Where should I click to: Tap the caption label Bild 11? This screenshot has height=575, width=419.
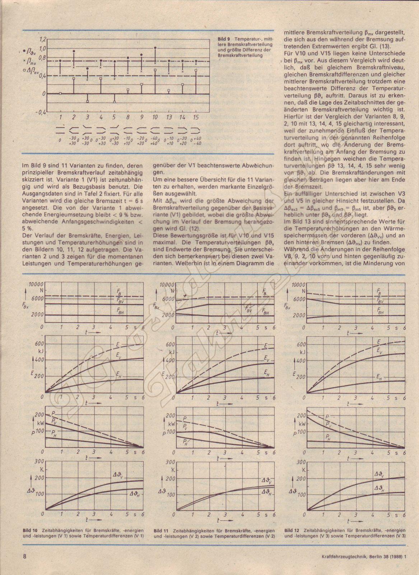click(160, 530)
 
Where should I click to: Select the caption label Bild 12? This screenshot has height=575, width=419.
click(291, 530)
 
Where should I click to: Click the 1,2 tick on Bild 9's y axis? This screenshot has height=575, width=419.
click(43, 39)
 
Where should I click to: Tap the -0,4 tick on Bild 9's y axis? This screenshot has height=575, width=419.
click(42, 112)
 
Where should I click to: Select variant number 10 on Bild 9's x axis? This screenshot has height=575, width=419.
click(155, 118)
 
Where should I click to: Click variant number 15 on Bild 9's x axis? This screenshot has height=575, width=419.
click(196, 118)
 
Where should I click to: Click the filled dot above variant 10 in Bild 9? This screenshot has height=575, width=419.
click(155, 48)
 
